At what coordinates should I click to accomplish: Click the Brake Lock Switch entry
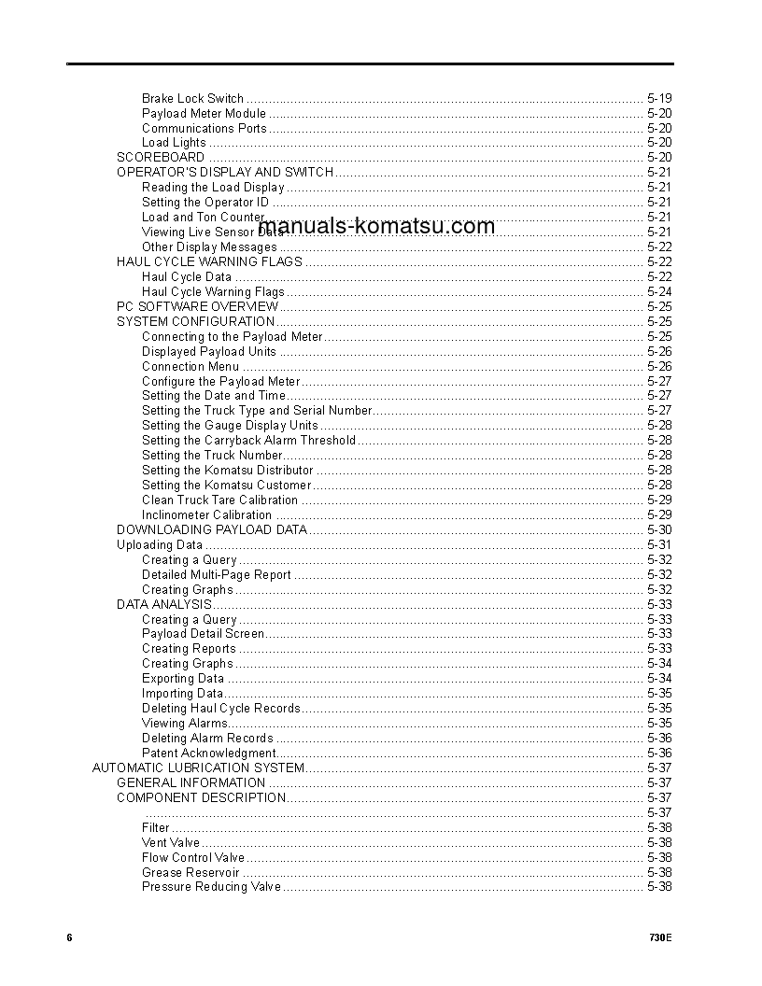click(x=192, y=98)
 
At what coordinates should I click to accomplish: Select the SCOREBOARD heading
click(x=160, y=158)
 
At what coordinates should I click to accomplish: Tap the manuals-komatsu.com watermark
click(x=375, y=226)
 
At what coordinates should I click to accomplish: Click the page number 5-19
click(x=658, y=98)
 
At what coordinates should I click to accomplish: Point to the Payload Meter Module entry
click(x=204, y=113)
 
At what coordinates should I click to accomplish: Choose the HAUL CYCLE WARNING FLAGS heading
click(x=209, y=262)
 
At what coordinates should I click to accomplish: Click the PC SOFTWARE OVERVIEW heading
click(x=197, y=306)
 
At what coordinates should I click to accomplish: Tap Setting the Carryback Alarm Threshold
click(x=248, y=441)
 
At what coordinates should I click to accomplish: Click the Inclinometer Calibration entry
click(x=206, y=515)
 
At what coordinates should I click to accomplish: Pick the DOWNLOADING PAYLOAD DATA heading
click(x=212, y=530)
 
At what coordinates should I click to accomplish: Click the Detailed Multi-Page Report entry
click(x=216, y=575)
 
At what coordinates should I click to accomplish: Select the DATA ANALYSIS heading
click(x=164, y=604)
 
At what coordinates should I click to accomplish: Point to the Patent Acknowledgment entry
click(x=209, y=754)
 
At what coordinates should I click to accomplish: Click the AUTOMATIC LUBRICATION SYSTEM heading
click(x=198, y=768)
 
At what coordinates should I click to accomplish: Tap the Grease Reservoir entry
click(x=190, y=873)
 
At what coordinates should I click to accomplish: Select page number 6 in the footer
click(x=69, y=937)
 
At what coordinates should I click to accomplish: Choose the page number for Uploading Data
click(x=658, y=545)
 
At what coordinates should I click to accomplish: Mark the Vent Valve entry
click(x=171, y=843)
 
